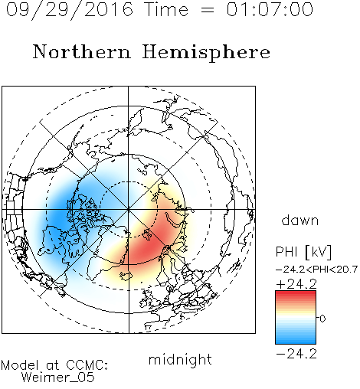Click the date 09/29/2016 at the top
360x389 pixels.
coord(69,9)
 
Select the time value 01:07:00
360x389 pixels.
coord(270,9)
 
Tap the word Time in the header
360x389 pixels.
coord(166,9)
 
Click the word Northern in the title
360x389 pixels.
coord(82,51)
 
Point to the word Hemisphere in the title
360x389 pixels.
coord(206,53)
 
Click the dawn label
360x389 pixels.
coord(300,221)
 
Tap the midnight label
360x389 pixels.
coord(180,359)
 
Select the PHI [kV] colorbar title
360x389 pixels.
coord(304,252)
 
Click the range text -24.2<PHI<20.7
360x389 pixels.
coord(316,270)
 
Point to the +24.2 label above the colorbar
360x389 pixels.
coord(296,284)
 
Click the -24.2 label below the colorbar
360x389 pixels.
coord(296,354)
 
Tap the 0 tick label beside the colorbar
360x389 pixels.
coord(322,319)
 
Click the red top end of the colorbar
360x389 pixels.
coord(296,293)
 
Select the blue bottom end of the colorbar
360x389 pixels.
coord(296,342)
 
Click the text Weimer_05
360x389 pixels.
coord(58,377)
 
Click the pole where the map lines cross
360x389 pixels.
coord(129,210)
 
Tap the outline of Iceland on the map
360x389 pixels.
coord(126,276)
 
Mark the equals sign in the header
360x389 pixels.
coord(208,10)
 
